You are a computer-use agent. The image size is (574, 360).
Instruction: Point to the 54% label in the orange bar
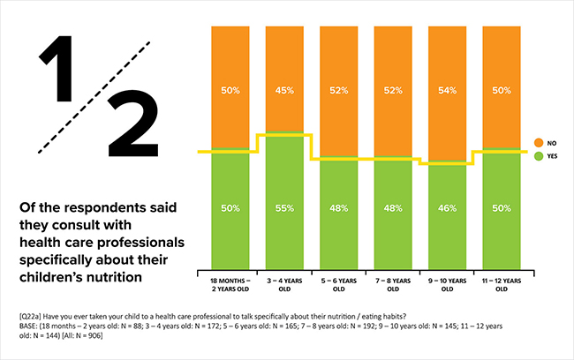pyautogui.click(x=447, y=91)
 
